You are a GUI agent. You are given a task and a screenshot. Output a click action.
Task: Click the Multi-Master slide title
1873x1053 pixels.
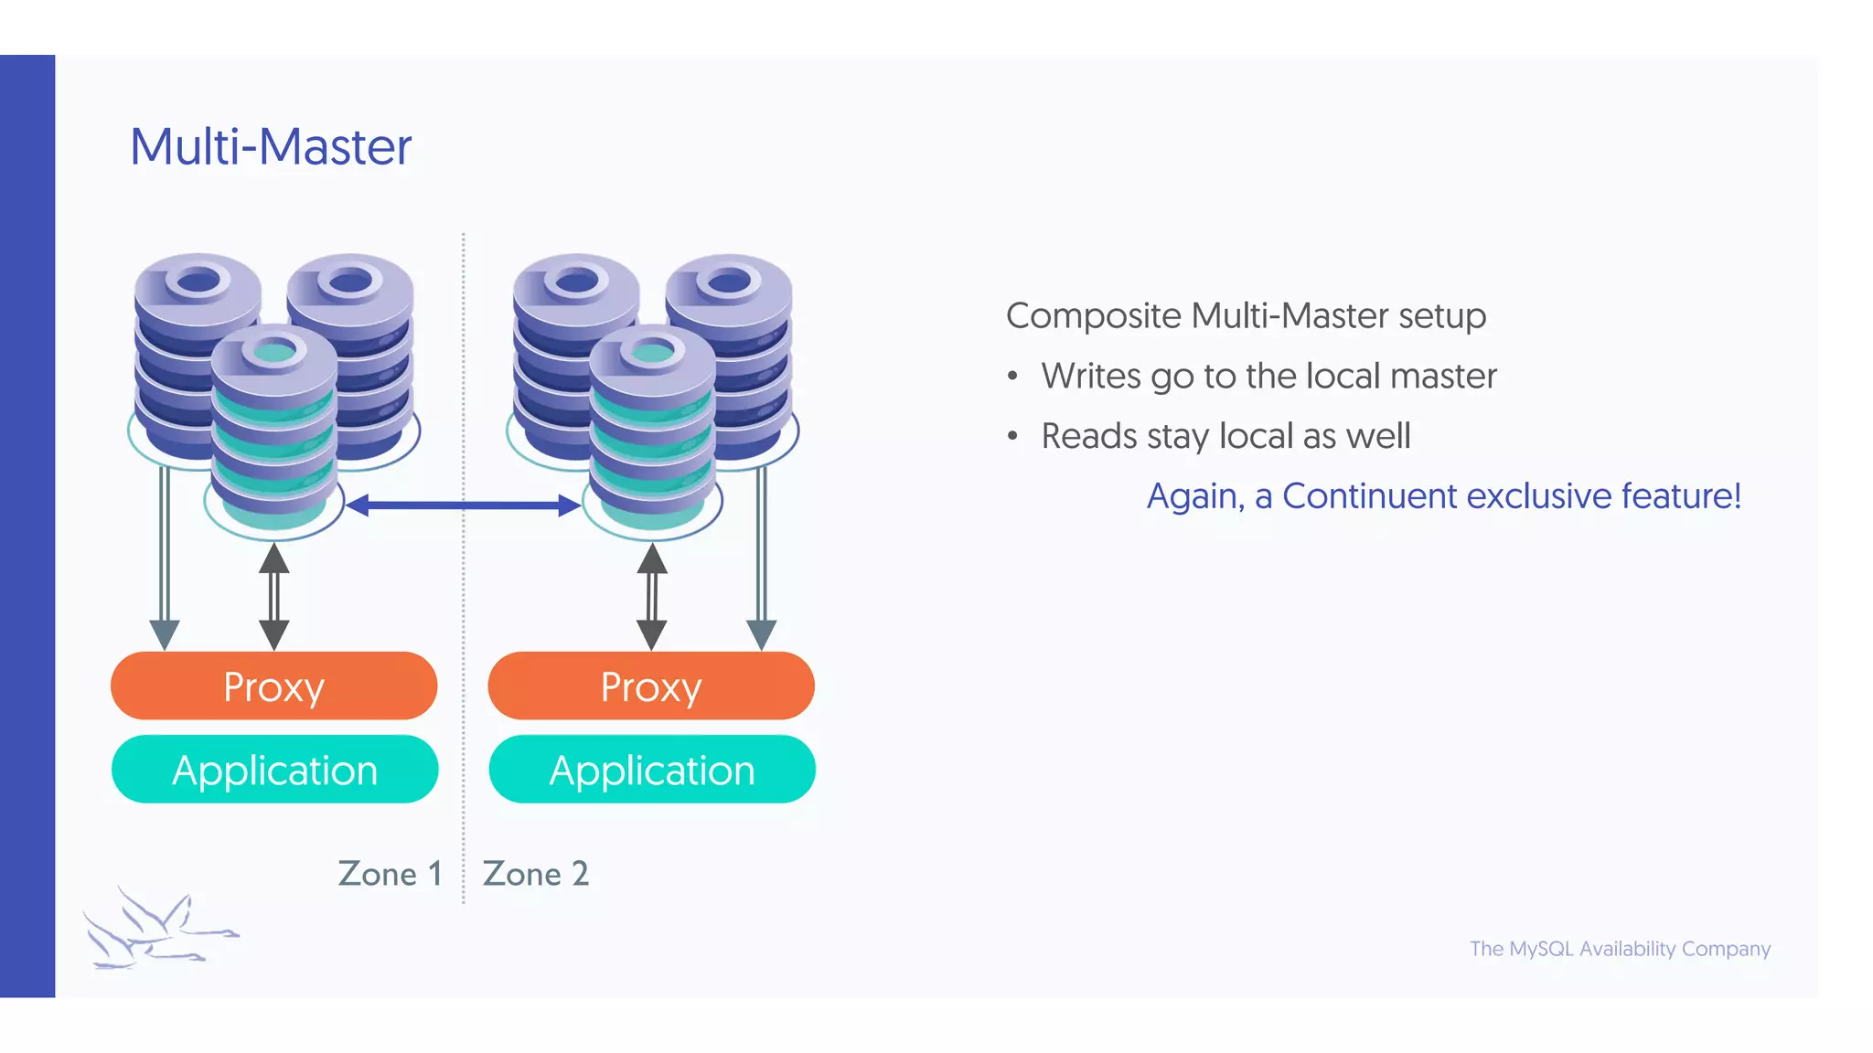click(271, 147)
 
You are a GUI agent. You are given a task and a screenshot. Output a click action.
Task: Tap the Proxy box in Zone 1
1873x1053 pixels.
click(273, 686)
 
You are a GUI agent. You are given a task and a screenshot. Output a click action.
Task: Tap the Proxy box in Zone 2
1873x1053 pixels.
click(651, 686)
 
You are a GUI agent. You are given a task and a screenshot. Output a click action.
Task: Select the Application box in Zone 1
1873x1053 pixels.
click(274, 770)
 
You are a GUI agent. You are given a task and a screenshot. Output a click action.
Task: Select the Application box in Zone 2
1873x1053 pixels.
click(652, 770)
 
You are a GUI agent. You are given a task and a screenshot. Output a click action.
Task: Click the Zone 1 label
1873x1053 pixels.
click(391, 874)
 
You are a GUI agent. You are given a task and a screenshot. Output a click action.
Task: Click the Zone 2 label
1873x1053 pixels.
click(536, 874)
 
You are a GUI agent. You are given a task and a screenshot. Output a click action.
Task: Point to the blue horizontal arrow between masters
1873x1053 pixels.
click(464, 505)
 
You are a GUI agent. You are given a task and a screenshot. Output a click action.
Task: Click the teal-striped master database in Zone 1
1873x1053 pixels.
click(273, 430)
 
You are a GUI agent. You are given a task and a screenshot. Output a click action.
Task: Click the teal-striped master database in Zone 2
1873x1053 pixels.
click(652, 430)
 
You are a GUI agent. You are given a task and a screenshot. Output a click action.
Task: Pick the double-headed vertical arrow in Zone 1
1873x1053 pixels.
click(273, 596)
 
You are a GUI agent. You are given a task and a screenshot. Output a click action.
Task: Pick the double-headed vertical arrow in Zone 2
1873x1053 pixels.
click(651, 596)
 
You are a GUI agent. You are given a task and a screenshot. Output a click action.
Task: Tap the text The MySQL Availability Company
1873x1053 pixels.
click(1620, 949)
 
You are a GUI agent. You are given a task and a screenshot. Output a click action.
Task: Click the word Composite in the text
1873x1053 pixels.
click(1094, 316)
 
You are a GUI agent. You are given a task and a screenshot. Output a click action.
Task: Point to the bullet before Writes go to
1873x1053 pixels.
click(1012, 377)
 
